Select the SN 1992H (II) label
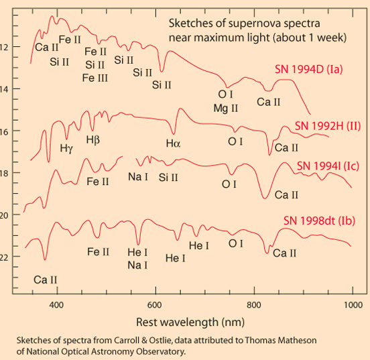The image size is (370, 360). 328,126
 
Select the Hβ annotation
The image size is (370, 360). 94,139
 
